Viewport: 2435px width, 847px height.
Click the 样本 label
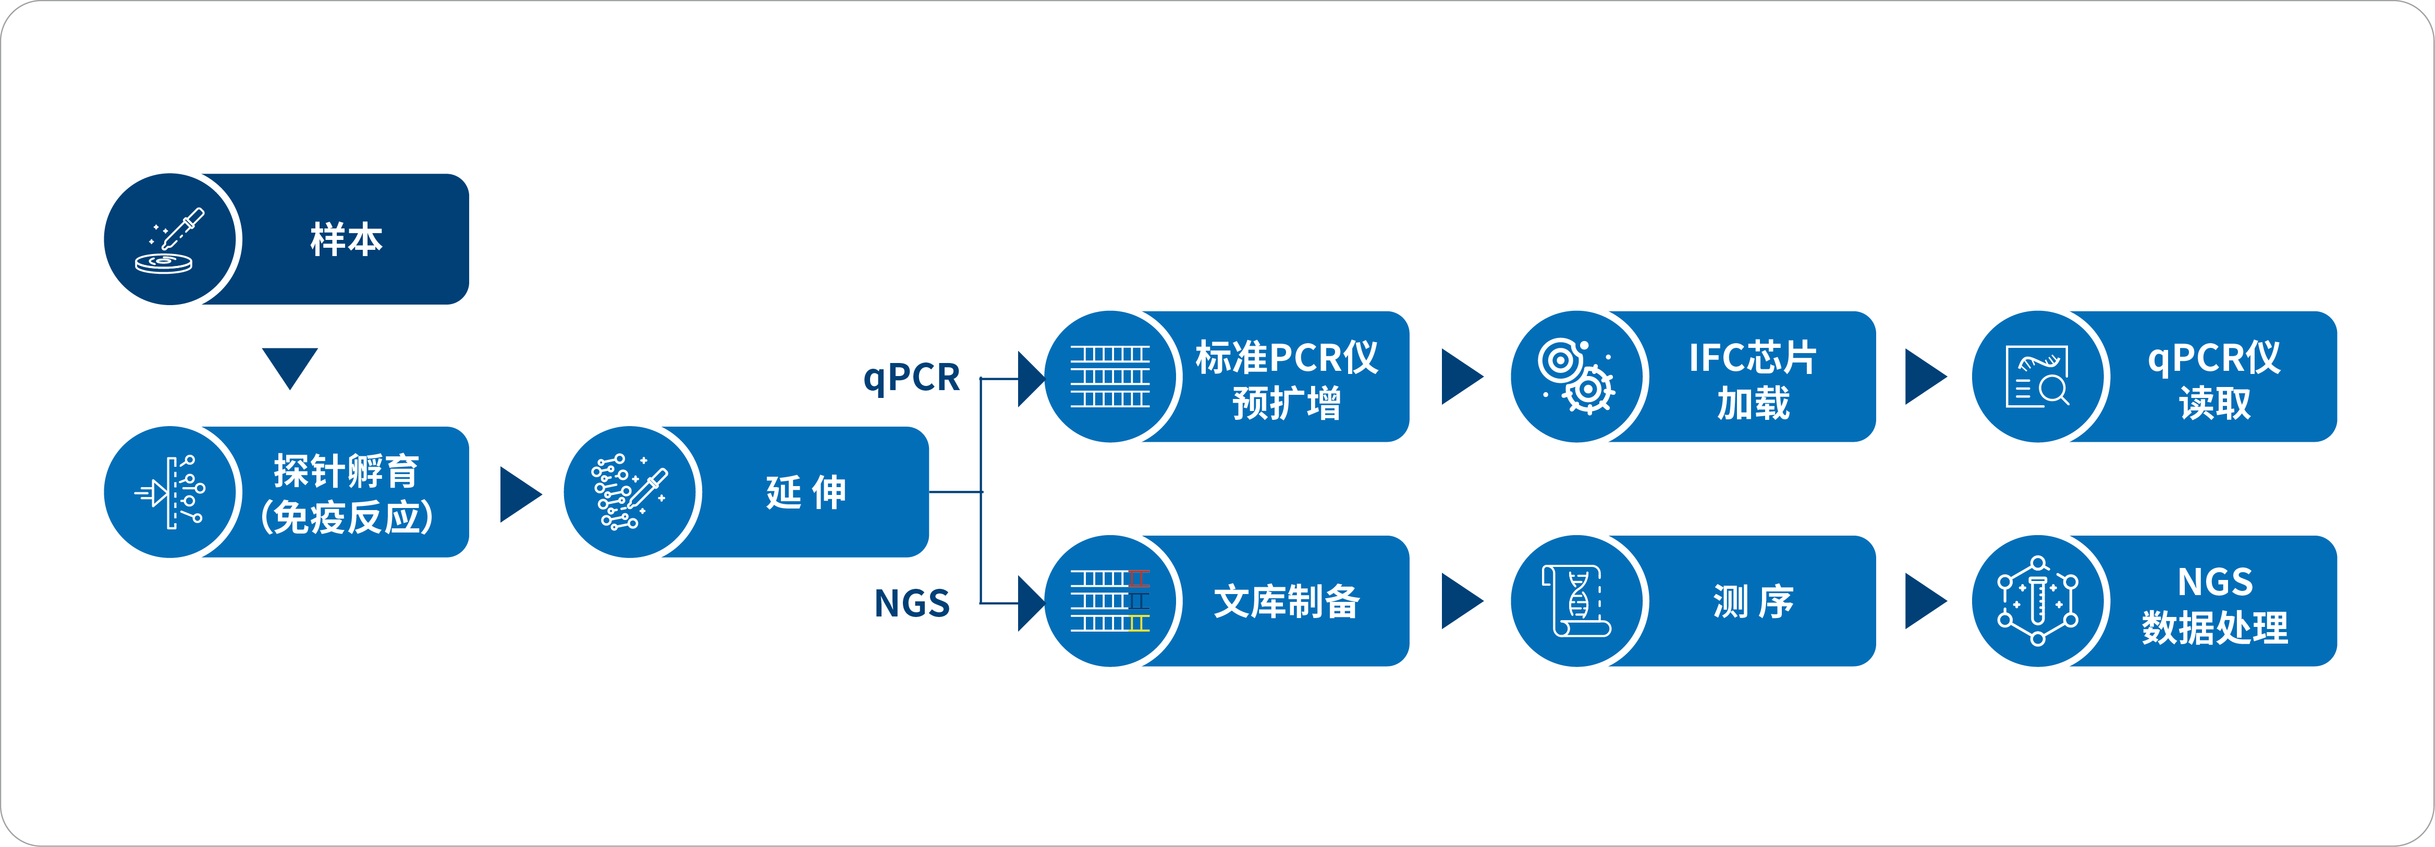click(x=346, y=239)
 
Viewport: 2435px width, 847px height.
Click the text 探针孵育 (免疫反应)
click(x=346, y=492)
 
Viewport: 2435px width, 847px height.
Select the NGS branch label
click(x=911, y=603)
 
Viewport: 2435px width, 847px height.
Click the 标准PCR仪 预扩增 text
click(x=1287, y=379)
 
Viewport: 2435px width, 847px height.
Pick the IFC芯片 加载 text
click(x=1753, y=379)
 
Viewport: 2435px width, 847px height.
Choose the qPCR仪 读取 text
click(x=2214, y=379)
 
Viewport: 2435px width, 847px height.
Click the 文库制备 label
click(x=1287, y=601)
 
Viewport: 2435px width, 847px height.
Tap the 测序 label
click(x=1753, y=601)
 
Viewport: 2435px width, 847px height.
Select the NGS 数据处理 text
click(x=2214, y=604)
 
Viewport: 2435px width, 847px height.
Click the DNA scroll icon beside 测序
click(x=1576, y=601)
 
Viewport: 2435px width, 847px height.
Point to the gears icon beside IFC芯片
click(x=1576, y=376)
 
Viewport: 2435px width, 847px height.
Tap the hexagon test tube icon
click(x=2037, y=601)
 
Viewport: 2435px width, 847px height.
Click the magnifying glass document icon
click(x=2037, y=376)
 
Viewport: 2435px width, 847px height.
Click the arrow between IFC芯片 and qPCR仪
click(x=1926, y=376)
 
